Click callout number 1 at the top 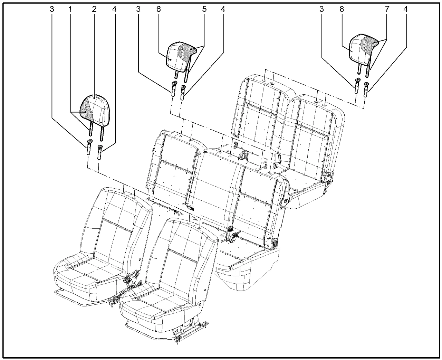click(70, 9)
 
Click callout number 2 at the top click(94, 9)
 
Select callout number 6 click(158, 9)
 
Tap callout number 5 click(204, 9)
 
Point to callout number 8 click(342, 9)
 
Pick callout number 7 click(387, 9)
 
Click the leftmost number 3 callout click(52, 9)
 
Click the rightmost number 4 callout click(405, 9)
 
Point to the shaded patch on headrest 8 click(369, 44)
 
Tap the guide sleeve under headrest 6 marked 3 click(173, 88)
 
